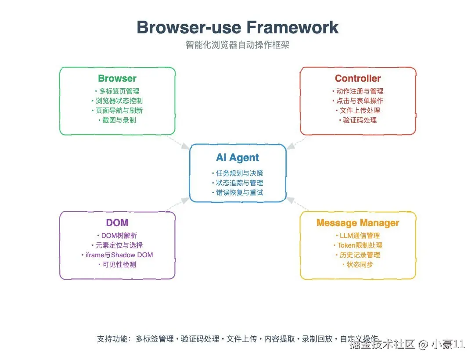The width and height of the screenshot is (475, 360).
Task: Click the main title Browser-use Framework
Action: tap(237, 27)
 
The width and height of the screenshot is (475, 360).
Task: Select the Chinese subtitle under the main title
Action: tap(237, 45)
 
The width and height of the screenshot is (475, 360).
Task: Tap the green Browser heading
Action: tap(117, 78)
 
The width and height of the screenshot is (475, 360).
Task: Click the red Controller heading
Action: tap(358, 78)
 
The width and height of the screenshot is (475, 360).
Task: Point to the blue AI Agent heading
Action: tap(237, 158)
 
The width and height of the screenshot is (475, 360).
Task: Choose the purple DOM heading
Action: tap(117, 223)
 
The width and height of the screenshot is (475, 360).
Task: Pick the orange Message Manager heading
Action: tap(358, 223)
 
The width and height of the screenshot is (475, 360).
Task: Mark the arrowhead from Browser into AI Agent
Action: tap(185, 146)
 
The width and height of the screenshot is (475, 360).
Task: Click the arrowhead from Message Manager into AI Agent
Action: tap(290, 200)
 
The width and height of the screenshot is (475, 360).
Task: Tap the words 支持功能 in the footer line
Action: tap(112, 339)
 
